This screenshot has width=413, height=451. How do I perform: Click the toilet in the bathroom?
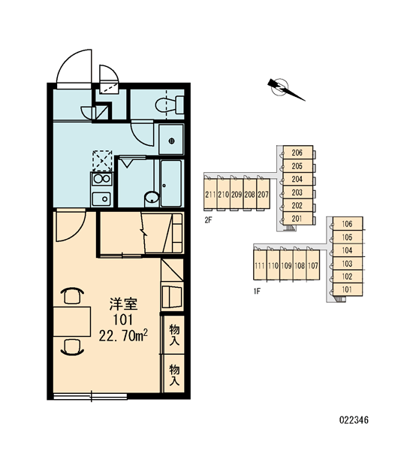click(x=170, y=105)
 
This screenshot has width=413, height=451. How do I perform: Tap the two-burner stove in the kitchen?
click(x=101, y=179)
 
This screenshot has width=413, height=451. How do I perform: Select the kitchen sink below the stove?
click(x=101, y=198)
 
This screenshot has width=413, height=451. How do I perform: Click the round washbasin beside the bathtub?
click(x=152, y=198)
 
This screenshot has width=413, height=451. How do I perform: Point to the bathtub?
click(x=171, y=183)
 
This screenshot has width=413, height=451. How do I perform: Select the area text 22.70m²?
click(x=123, y=336)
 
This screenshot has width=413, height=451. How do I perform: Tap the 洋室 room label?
click(x=123, y=304)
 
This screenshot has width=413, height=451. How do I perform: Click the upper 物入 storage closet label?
click(x=174, y=334)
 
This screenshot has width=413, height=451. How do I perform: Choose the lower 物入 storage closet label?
click(x=174, y=374)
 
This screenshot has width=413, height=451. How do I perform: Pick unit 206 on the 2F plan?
click(x=298, y=152)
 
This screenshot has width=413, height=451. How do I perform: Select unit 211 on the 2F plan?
click(x=210, y=194)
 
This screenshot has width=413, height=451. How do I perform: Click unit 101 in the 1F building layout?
click(x=348, y=289)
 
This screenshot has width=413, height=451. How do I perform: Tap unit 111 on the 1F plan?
click(x=260, y=265)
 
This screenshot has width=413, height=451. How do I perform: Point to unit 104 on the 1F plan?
click(x=348, y=250)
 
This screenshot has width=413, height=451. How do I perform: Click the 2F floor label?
click(x=208, y=220)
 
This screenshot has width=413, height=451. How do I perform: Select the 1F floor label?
click(x=257, y=292)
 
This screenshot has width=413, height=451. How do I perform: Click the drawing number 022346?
click(x=354, y=420)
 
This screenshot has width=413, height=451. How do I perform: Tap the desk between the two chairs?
click(x=72, y=321)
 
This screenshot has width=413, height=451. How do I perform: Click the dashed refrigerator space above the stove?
click(x=102, y=161)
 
